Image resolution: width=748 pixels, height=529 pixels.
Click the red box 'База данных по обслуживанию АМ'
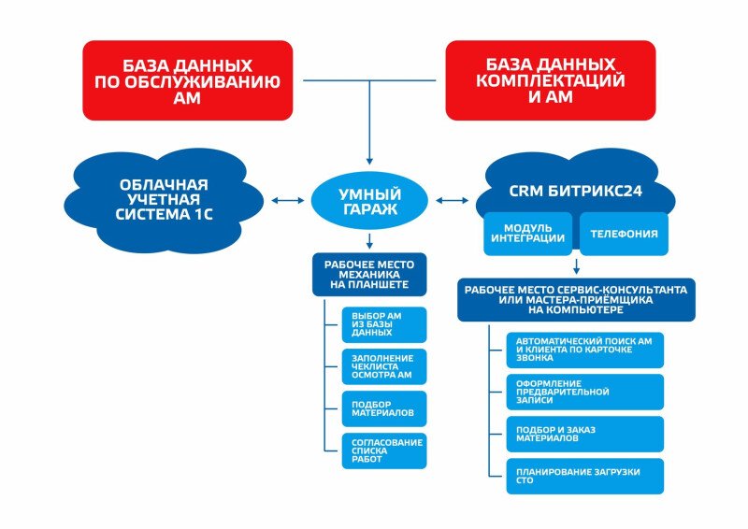pyautogui.click(x=187, y=79)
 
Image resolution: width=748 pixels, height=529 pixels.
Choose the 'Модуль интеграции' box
pyautogui.click(x=527, y=234)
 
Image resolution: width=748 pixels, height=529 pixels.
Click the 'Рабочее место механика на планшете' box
pyautogui.click(x=368, y=272)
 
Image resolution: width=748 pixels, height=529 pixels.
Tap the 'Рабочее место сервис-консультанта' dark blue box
pyautogui.click(x=576, y=299)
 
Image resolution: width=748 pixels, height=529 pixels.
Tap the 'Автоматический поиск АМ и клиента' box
pyautogui.click(x=584, y=350)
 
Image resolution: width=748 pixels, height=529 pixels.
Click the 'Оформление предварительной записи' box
pyautogui.click(x=584, y=392)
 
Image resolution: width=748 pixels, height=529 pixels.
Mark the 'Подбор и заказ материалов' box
pyautogui.click(x=584, y=434)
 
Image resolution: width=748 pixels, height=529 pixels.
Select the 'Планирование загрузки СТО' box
pyautogui.click(x=584, y=476)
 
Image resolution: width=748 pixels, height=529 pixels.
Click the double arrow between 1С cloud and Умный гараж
pyautogui.click(x=286, y=199)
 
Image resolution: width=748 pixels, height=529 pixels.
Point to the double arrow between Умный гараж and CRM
pyautogui.click(x=452, y=199)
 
